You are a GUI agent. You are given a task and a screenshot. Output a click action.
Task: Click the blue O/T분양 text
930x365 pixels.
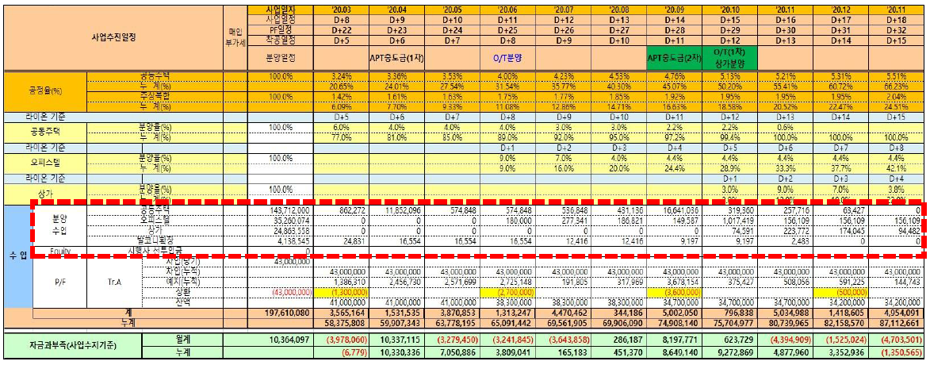pos(508,57)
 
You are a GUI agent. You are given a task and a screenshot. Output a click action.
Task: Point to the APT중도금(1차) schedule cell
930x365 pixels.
pos(397,57)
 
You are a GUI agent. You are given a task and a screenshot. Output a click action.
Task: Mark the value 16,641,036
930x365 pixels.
pos(675,213)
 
